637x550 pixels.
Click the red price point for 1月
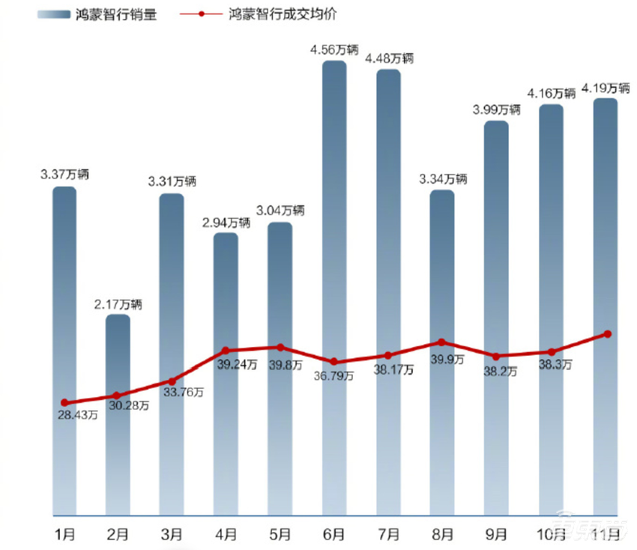[64, 402]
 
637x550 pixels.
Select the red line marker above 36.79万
[334, 362]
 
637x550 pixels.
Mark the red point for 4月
[226, 351]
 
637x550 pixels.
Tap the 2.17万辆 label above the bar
[118, 305]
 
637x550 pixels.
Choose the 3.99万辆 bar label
[496, 110]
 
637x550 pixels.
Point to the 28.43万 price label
[76, 414]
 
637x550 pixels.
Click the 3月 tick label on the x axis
[172, 534]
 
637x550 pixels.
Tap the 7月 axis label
[388, 534]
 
